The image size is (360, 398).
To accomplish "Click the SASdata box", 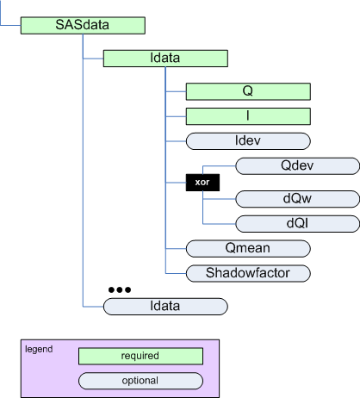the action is [x=83, y=25].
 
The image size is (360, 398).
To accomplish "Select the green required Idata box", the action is [x=165, y=59].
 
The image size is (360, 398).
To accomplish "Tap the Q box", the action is [x=248, y=91].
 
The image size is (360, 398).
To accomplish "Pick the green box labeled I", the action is [x=248, y=116].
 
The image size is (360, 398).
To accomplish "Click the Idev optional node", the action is [x=248, y=141].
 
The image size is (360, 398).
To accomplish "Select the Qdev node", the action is [x=297, y=166].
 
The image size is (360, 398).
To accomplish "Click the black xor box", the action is [x=202, y=183].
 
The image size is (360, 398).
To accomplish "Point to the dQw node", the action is [x=297, y=199].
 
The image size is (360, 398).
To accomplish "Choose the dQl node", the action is [x=297, y=224].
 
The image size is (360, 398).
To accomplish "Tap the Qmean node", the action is [x=248, y=248].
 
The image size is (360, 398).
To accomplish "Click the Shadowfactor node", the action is [x=248, y=273].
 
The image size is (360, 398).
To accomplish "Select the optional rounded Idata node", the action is [x=165, y=307].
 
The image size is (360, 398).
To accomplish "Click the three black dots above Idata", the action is [x=120, y=289].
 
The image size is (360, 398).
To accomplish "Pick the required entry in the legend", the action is [x=140, y=357].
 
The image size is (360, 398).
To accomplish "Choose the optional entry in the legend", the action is [x=140, y=381].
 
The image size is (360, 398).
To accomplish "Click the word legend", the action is [x=39, y=350].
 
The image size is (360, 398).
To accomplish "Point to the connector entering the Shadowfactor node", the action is [x=176, y=273].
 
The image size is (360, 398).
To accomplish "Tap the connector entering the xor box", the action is [x=176, y=183].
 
